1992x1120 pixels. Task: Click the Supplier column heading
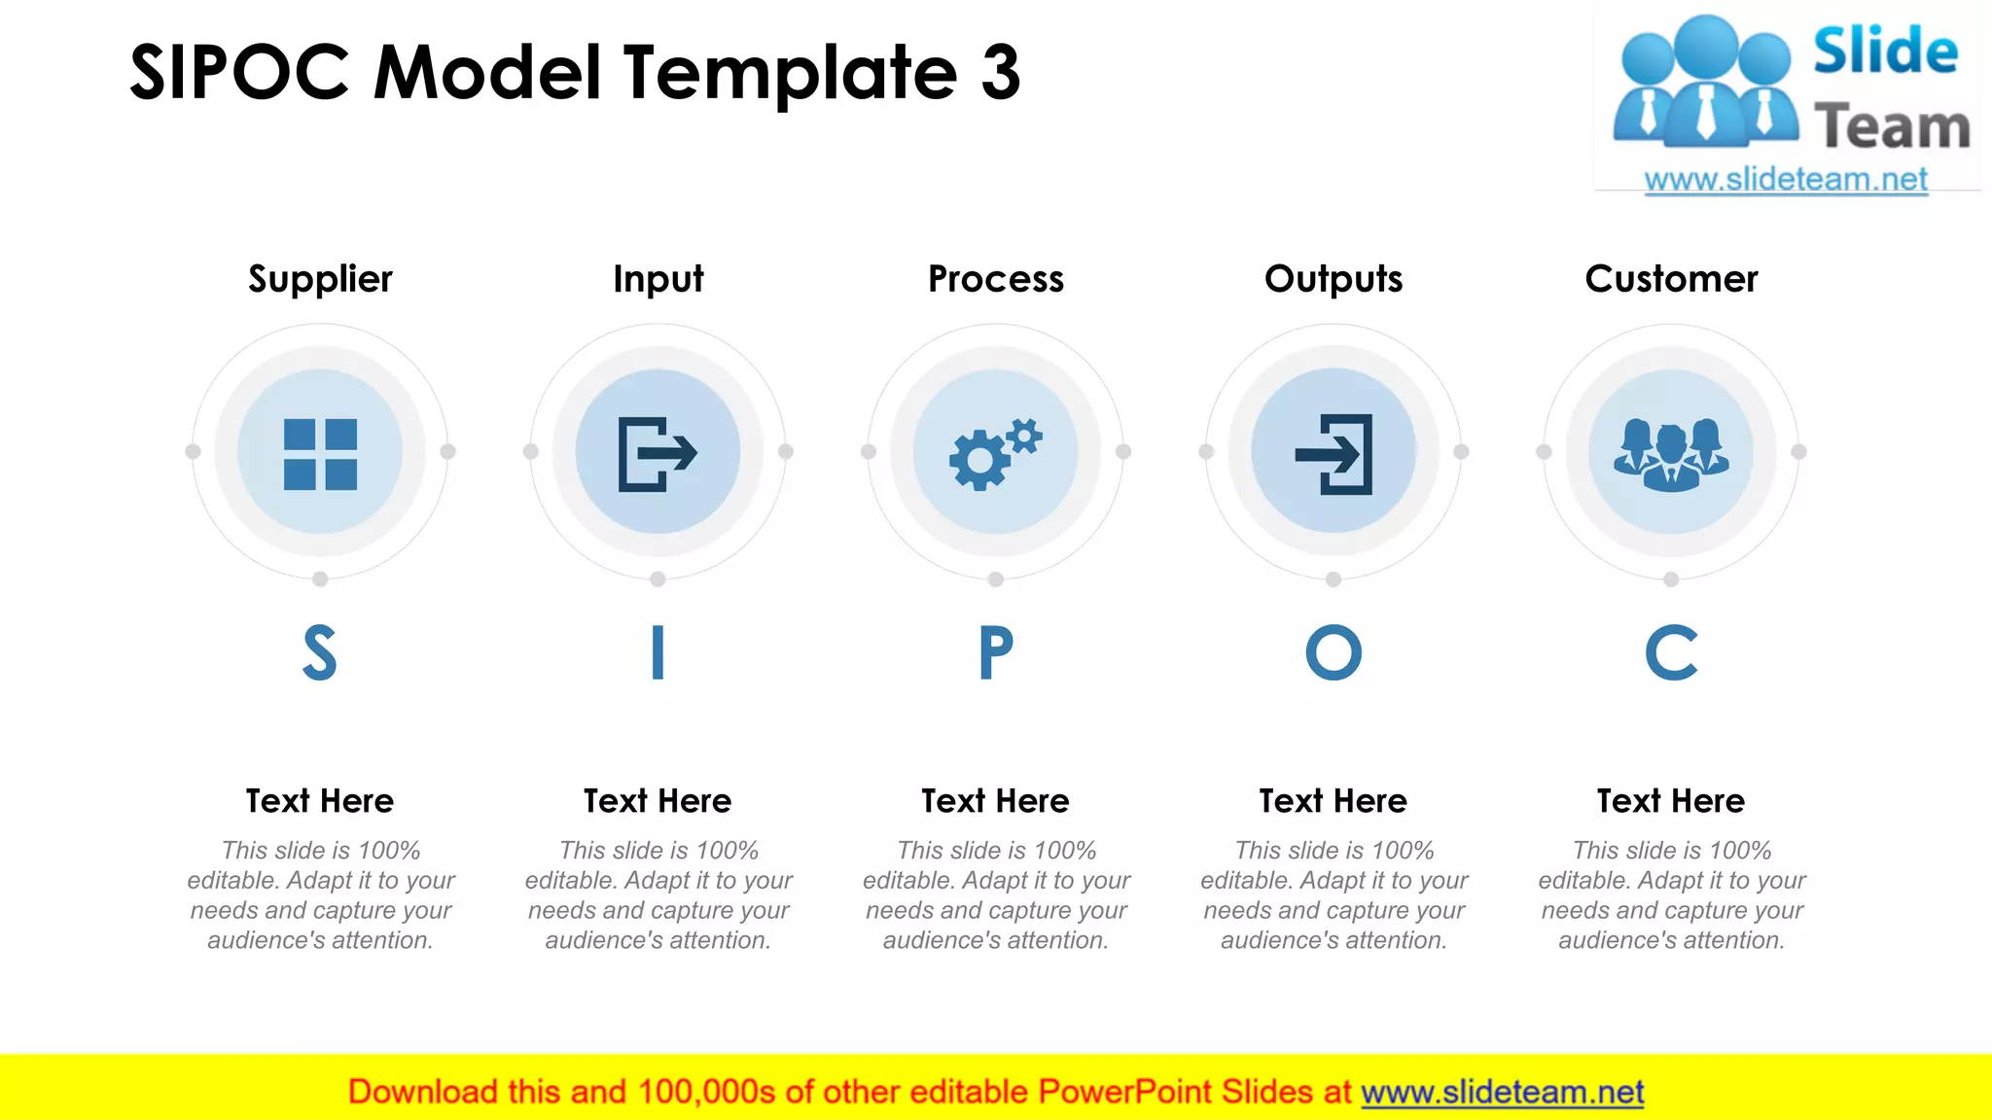320,279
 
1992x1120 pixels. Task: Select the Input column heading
658,279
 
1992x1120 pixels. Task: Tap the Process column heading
996,279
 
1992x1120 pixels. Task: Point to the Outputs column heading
1334,279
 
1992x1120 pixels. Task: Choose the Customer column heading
1671,279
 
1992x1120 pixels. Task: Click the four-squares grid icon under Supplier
320,453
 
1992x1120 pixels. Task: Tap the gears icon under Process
995,453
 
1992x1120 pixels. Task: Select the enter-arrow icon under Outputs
1334,453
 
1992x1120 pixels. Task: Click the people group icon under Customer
1671,453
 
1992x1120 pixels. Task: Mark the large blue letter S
320,652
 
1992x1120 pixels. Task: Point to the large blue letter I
658,652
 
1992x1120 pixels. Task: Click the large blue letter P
996,652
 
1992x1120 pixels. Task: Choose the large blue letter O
1334,652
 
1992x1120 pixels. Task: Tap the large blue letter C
1671,652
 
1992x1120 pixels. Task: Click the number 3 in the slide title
1000,73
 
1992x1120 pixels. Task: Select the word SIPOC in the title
239,73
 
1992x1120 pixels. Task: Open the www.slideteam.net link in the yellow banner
1502,1093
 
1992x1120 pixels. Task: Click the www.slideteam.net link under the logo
1786,180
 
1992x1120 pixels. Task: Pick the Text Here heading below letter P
995,801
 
